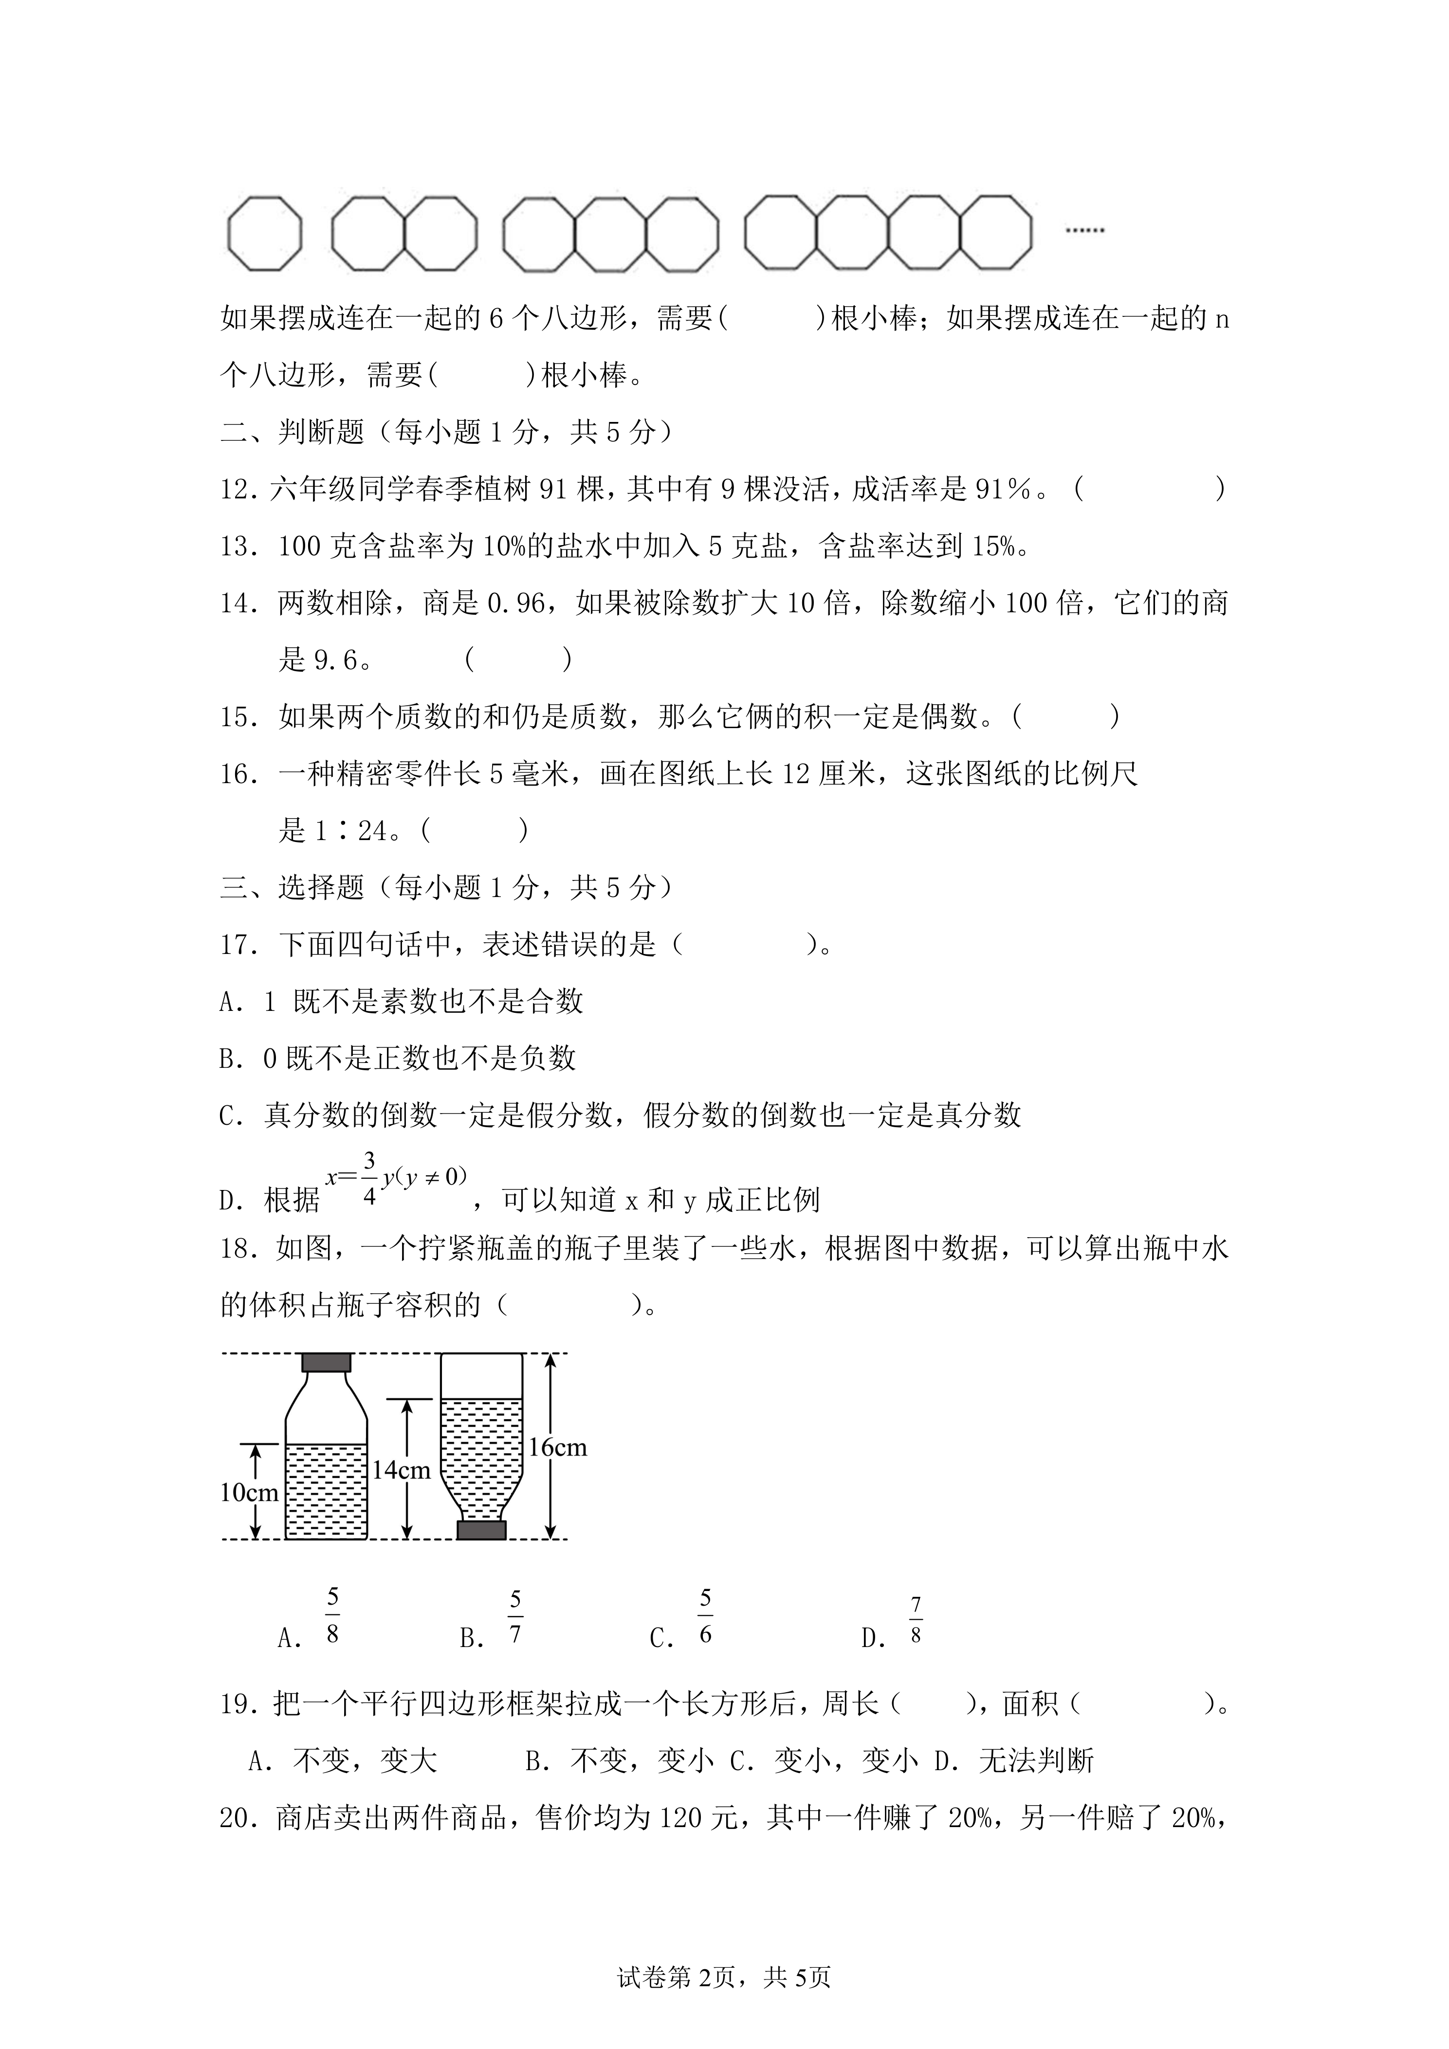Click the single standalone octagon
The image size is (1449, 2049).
coord(264,234)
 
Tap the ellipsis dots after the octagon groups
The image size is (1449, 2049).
coord(1085,230)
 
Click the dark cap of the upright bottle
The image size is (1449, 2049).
coord(326,1363)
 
